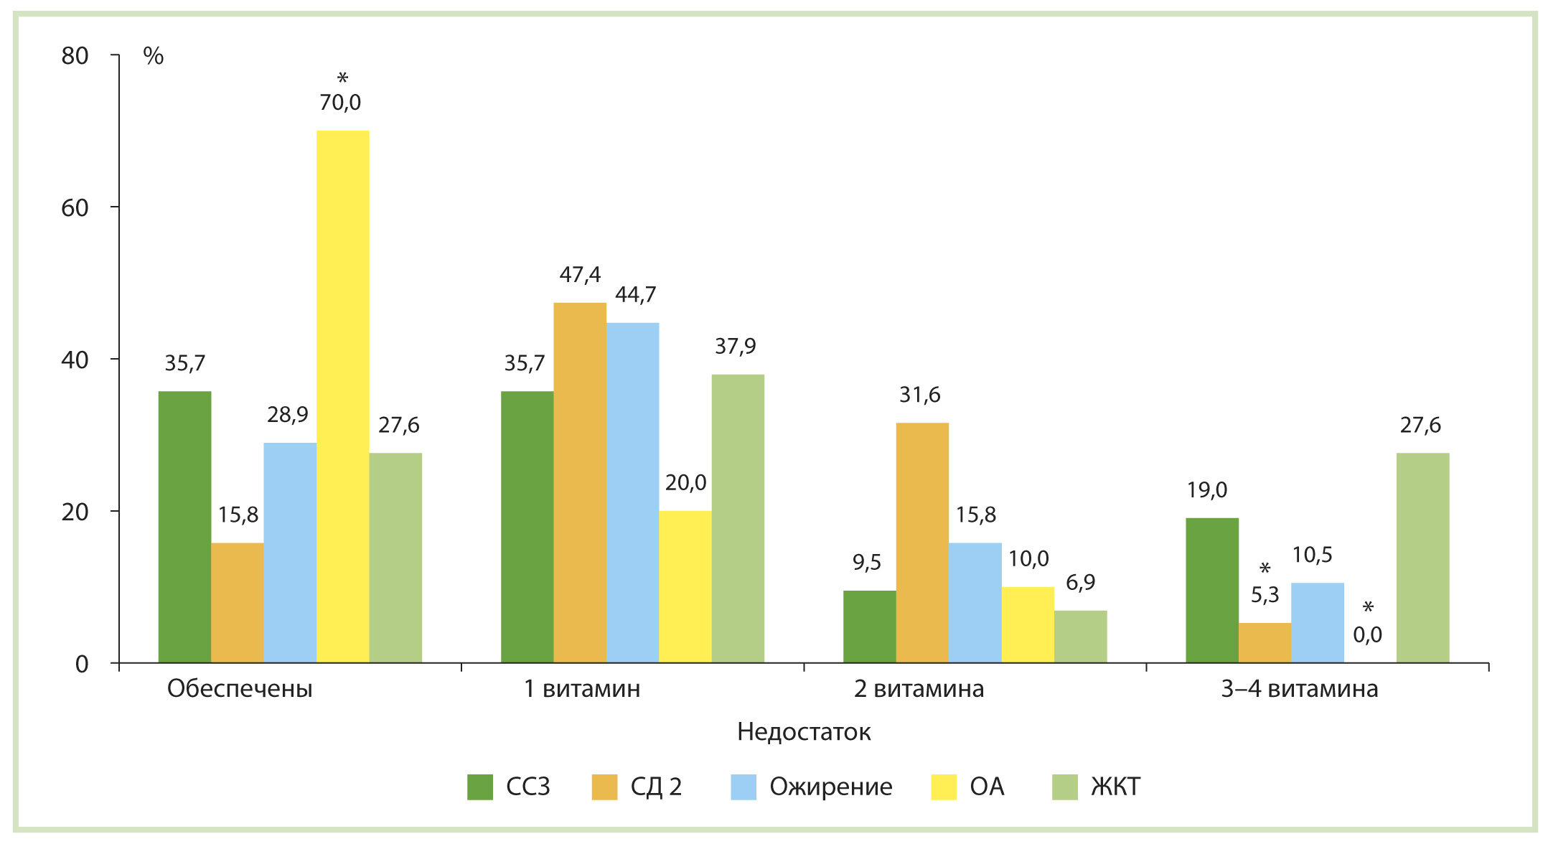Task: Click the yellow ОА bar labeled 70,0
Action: point(342,396)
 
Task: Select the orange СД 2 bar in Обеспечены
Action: point(237,603)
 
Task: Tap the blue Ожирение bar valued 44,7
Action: point(632,492)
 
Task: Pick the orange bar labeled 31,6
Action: point(922,543)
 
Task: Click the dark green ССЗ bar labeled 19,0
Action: point(1211,590)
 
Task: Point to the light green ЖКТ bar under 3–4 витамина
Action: point(1422,558)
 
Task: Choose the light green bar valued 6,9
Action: point(1080,637)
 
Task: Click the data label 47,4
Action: point(580,275)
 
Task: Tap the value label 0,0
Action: point(1367,634)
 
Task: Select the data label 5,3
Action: point(1265,595)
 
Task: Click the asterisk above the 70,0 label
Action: point(342,78)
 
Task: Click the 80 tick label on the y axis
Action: point(75,56)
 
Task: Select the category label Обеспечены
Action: point(240,689)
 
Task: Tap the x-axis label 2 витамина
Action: point(919,689)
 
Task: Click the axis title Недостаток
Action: point(804,732)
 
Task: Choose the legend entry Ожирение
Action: point(830,787)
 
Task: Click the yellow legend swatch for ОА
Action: point(944,787)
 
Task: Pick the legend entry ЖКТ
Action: point(1115,787)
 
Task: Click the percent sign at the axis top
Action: point(154,56)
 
